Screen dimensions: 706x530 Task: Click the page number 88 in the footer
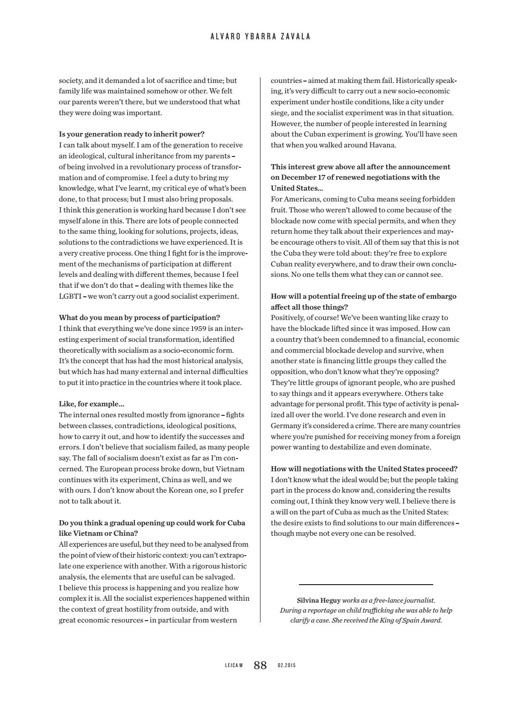[260, 665]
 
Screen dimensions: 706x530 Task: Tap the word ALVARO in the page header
[224, 37]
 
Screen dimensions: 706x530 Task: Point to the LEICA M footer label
[233, 666]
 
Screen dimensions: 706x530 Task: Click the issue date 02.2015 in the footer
[286, 666]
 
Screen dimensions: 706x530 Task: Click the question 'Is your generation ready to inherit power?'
[132, 134]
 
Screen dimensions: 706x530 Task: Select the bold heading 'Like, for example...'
[92, 404]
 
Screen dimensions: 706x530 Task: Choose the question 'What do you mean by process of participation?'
[139, 318]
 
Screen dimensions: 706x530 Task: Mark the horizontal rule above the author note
[366, 585]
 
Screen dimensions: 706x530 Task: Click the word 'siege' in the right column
[279, 113]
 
